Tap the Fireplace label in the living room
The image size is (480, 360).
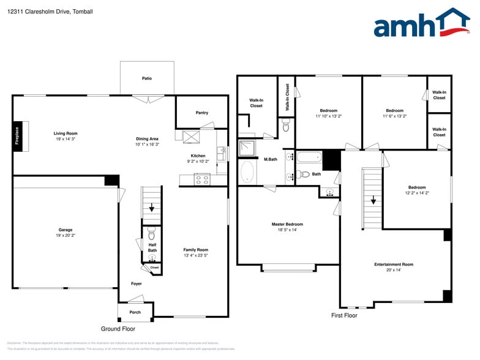click(17, 135)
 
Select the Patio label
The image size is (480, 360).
click(147, 78)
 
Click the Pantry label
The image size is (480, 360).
click(201, 113)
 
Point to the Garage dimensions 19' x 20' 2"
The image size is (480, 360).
click(66, 235)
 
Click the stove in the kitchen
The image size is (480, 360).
click(201, 179)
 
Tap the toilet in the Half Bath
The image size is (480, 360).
click(152, 234)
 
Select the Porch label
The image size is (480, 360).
click(135, 312)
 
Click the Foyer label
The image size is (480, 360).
click(136, 283)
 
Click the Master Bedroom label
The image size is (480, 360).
click(287, 224)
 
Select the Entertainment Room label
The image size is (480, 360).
click(394, 264)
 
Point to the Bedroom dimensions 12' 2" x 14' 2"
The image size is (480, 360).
click(417, 193)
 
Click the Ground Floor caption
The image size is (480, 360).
click(119, 329)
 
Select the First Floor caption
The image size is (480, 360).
click(343, 315)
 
